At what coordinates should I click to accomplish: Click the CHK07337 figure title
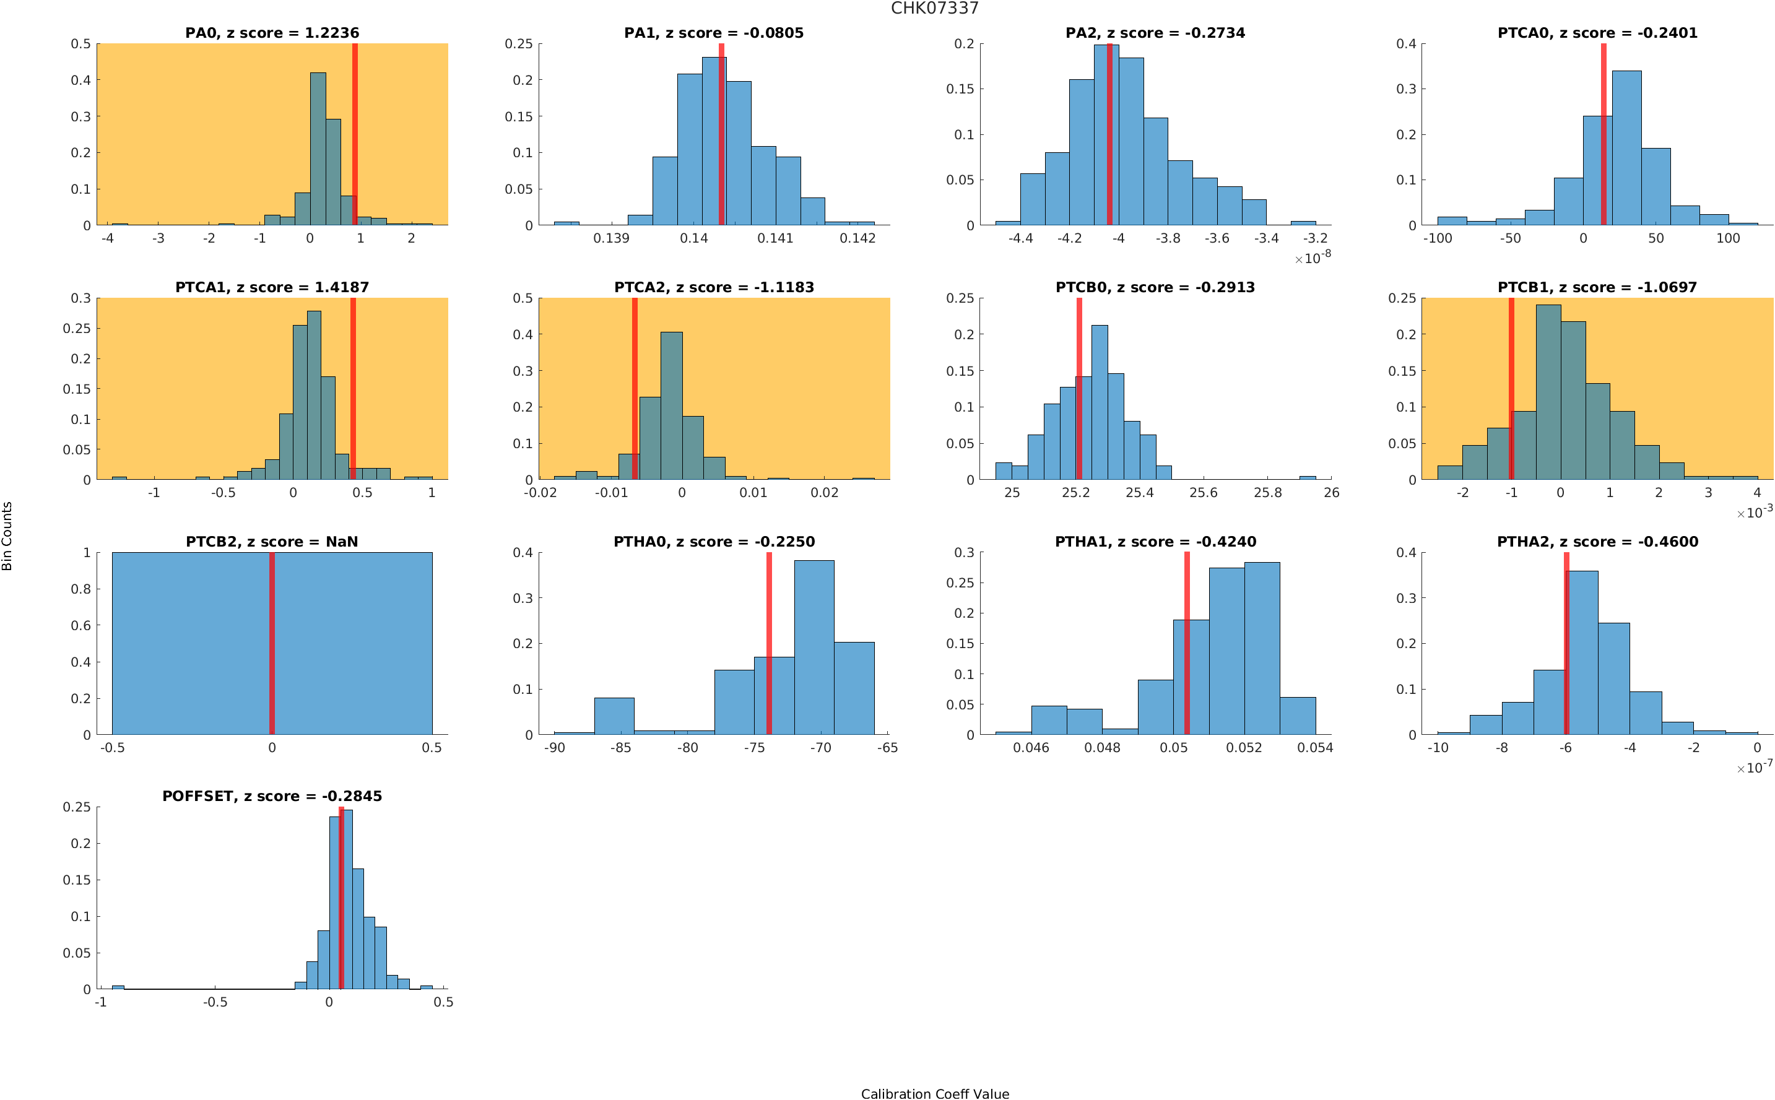pos(934,8)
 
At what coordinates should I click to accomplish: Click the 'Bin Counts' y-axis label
pos(7,535)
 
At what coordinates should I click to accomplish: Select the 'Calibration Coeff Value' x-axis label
pos(934,1093)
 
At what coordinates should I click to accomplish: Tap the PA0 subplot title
pos(272,33)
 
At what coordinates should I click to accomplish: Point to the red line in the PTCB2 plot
pos(272,643)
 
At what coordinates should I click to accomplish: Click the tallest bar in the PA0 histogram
pos(318,149)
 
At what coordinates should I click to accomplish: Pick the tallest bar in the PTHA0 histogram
pos(814,647)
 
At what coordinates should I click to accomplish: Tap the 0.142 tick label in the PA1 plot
pos(857,238)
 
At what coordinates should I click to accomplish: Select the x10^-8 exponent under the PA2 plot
pos(1313,258)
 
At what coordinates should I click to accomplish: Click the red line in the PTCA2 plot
pos(635,389)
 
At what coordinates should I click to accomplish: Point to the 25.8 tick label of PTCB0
pos(1267,493)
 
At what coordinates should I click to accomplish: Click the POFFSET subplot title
pos(272,796)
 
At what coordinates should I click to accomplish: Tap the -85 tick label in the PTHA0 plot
pos(620,748)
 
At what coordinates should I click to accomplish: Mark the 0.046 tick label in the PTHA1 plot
pos(1031,748)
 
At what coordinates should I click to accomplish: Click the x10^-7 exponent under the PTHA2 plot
pos(1754,767)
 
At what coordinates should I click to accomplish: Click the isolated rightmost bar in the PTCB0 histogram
pos(1307,477)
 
